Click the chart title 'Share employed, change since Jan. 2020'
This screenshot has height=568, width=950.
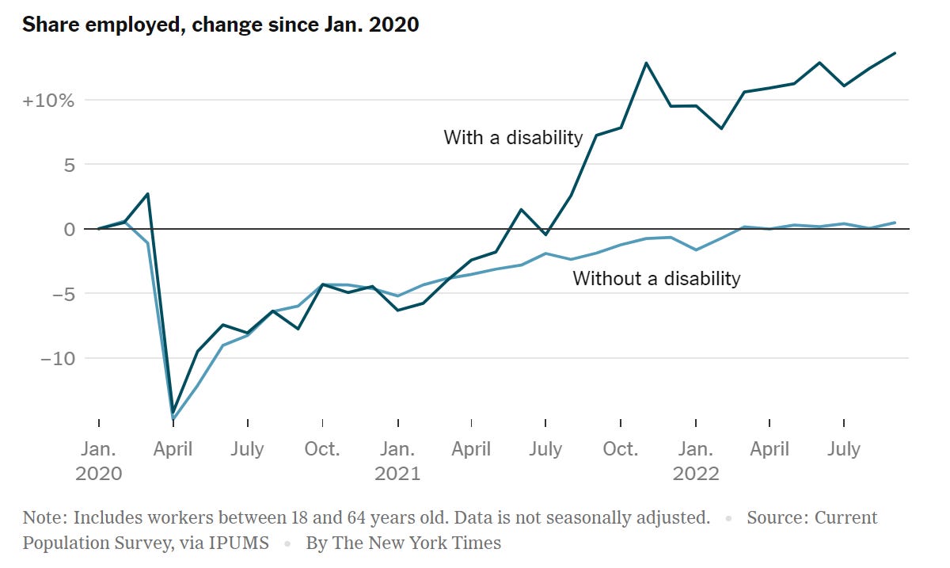pos(220,25)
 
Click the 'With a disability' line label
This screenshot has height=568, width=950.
pos(512,137)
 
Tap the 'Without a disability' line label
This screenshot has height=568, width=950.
pos(656,278)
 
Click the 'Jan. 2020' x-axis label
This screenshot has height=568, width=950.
pos(99,461)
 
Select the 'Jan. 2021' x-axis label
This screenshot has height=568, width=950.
pos(397,461)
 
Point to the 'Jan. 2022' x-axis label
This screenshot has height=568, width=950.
pos(695,461)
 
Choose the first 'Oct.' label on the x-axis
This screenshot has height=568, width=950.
pos(322,449)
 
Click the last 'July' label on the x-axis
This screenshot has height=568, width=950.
pos(844,449)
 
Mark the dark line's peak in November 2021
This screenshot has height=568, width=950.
pos(646,63)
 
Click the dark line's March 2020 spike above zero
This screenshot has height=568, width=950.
pos(148,193)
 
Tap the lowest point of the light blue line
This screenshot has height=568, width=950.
pos(173,419)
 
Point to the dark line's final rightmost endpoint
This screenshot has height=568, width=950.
pos(895,53)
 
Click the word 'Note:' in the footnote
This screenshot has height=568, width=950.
pos(44,518)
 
